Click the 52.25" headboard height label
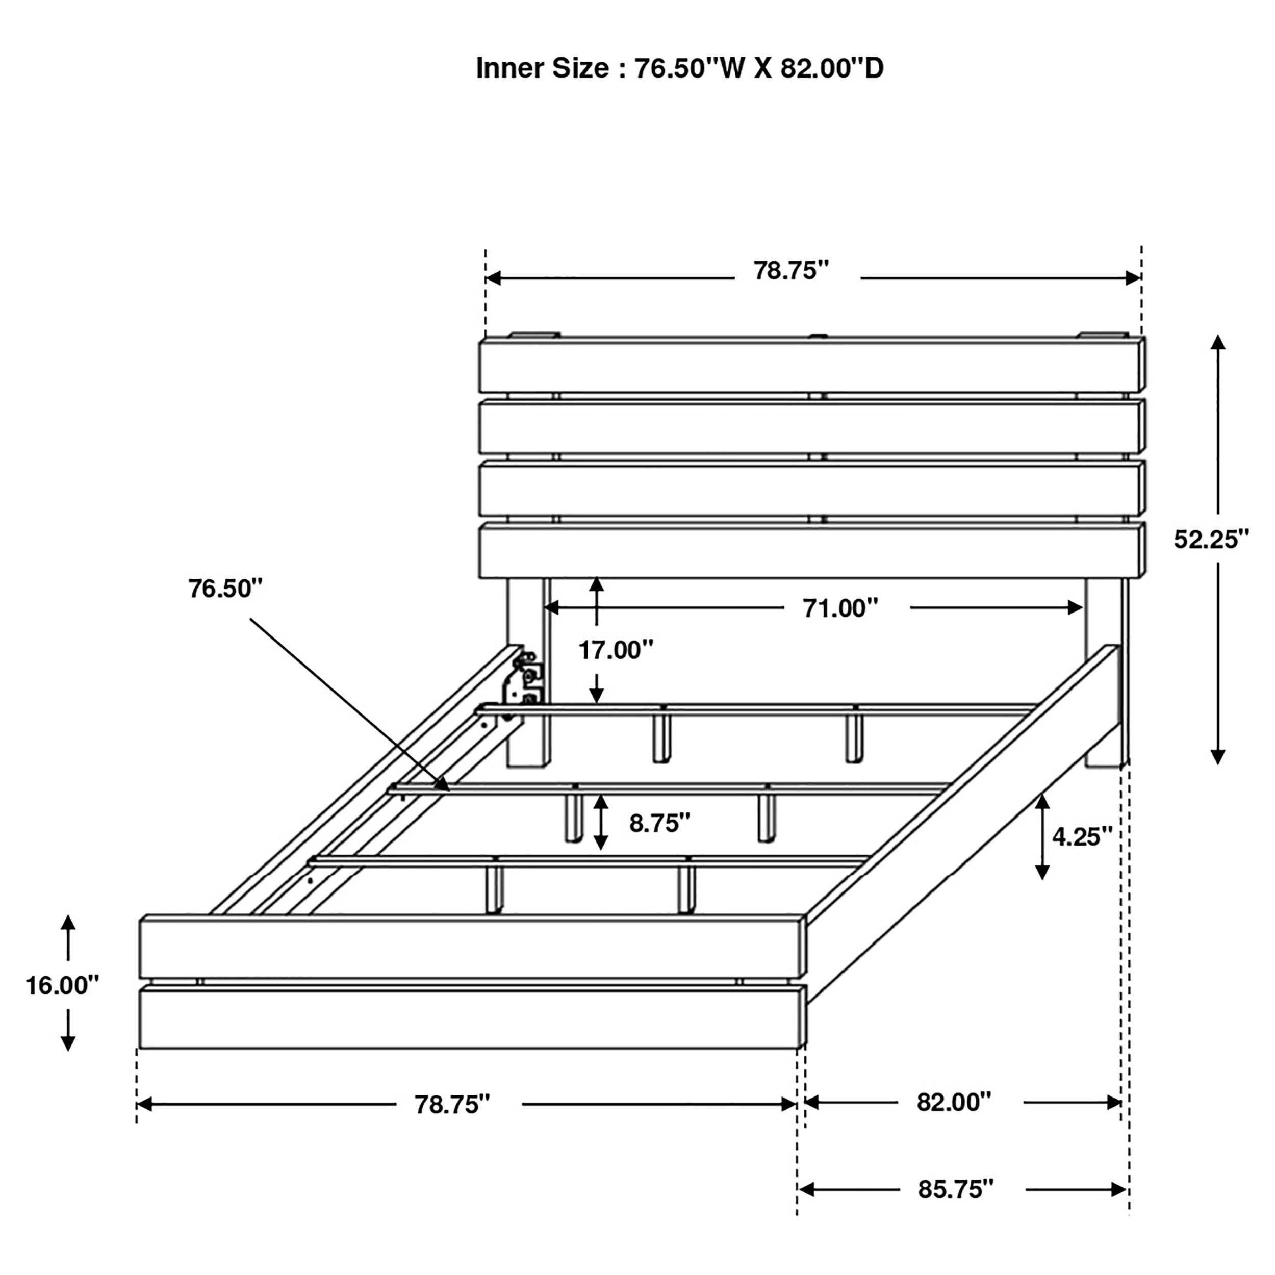click(1211, 539)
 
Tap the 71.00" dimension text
click(839, 608)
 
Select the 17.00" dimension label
click(615, 650)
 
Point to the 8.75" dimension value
click(658, 823)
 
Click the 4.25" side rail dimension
click(1082, 837)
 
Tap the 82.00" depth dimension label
click(954, 1102)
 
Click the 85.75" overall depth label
click(955, 1189)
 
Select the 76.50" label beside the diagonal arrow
click(225, 588)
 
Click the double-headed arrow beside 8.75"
click(600, 822)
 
